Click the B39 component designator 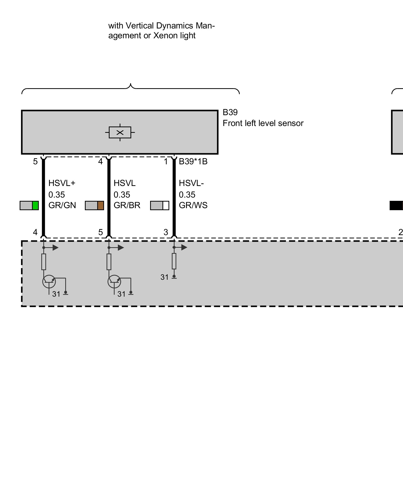pos(230,112)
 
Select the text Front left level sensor pos(263,123)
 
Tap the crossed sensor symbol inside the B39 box pos(120,133)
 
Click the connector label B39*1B pos(193,162)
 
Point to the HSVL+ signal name pos(62,183)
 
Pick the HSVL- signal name pos(191,183)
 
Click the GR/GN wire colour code pos(62,205)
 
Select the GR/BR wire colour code pos(127,205)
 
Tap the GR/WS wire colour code pos(193,205)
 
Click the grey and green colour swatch pos(29,206)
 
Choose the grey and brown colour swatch pos(94,206)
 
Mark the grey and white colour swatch pos(159,206)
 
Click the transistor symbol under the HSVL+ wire pos(49,281)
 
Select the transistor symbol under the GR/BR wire pos(114,281)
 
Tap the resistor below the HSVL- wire pos(174,261)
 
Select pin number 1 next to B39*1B pos(166,162)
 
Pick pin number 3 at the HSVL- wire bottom pos(166,232)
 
